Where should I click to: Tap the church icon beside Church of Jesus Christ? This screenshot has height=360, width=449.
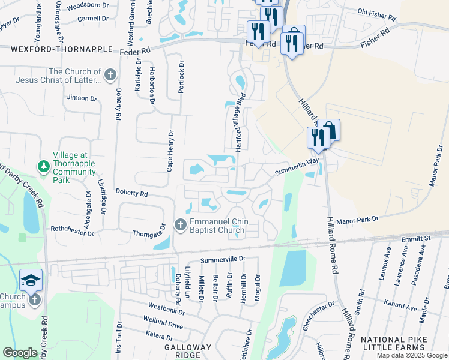(110, 75)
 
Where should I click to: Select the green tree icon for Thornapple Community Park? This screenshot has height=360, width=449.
(43, 164)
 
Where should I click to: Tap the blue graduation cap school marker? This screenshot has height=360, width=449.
(31, 280)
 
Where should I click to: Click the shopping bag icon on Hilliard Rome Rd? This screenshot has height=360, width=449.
(330, 130)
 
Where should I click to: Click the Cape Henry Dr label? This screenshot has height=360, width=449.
(170, 151)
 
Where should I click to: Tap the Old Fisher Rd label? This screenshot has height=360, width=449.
(378, 11)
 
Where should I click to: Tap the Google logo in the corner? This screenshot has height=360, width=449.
(20, 353)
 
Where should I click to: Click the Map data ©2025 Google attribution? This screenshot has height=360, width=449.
(411, 355)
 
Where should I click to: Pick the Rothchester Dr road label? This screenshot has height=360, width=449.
(72, 229)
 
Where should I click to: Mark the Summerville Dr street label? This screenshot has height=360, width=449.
(223, 259)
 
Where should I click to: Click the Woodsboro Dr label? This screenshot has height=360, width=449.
(87, 5)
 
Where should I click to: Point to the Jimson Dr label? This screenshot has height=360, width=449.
(82, 98)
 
